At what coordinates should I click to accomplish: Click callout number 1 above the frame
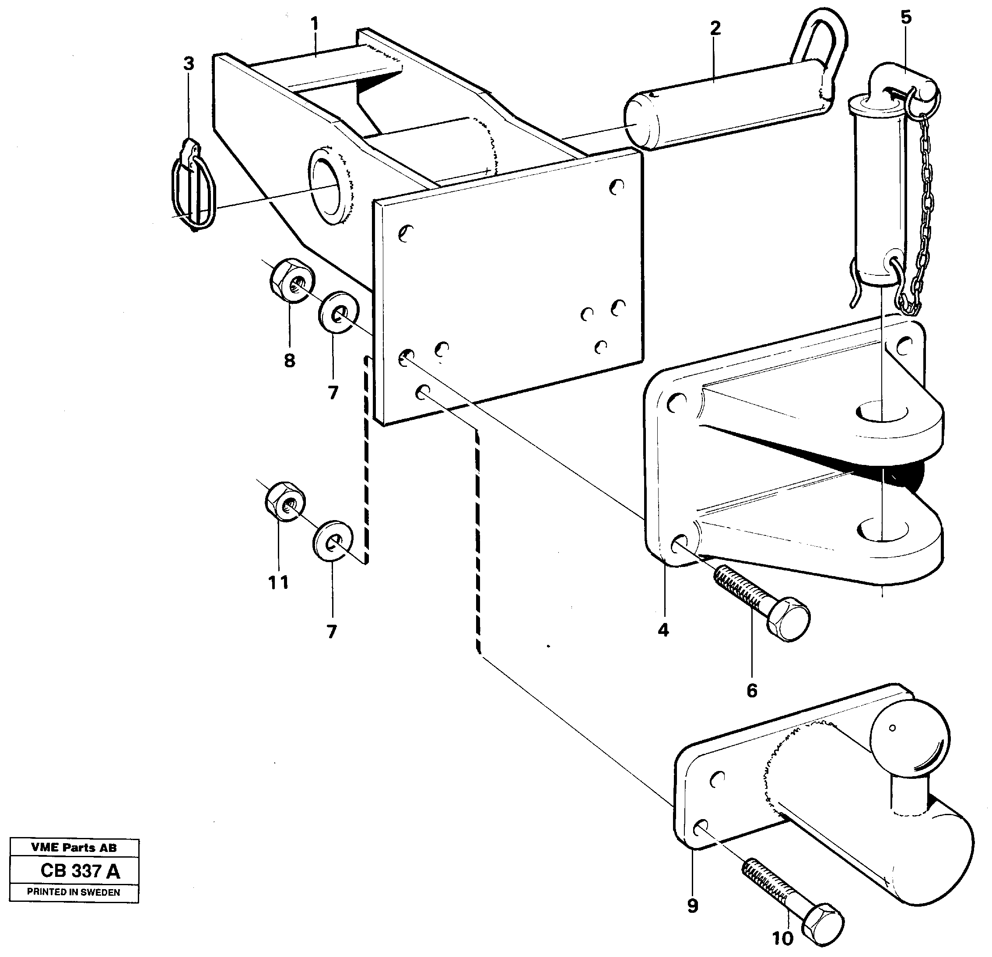coord(314,23)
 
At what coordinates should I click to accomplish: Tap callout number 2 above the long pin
coord(715,28)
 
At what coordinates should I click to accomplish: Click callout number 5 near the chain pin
coord(905,17)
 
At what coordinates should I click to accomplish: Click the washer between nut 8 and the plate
coord(338,313)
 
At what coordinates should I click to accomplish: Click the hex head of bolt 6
coord(788,620)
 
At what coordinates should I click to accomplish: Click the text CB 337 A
coord(80,871)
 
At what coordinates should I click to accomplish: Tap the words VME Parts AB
coord(74,847)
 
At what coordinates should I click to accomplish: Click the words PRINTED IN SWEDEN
coord(74,892)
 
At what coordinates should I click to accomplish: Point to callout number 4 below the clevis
coord(663,630)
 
